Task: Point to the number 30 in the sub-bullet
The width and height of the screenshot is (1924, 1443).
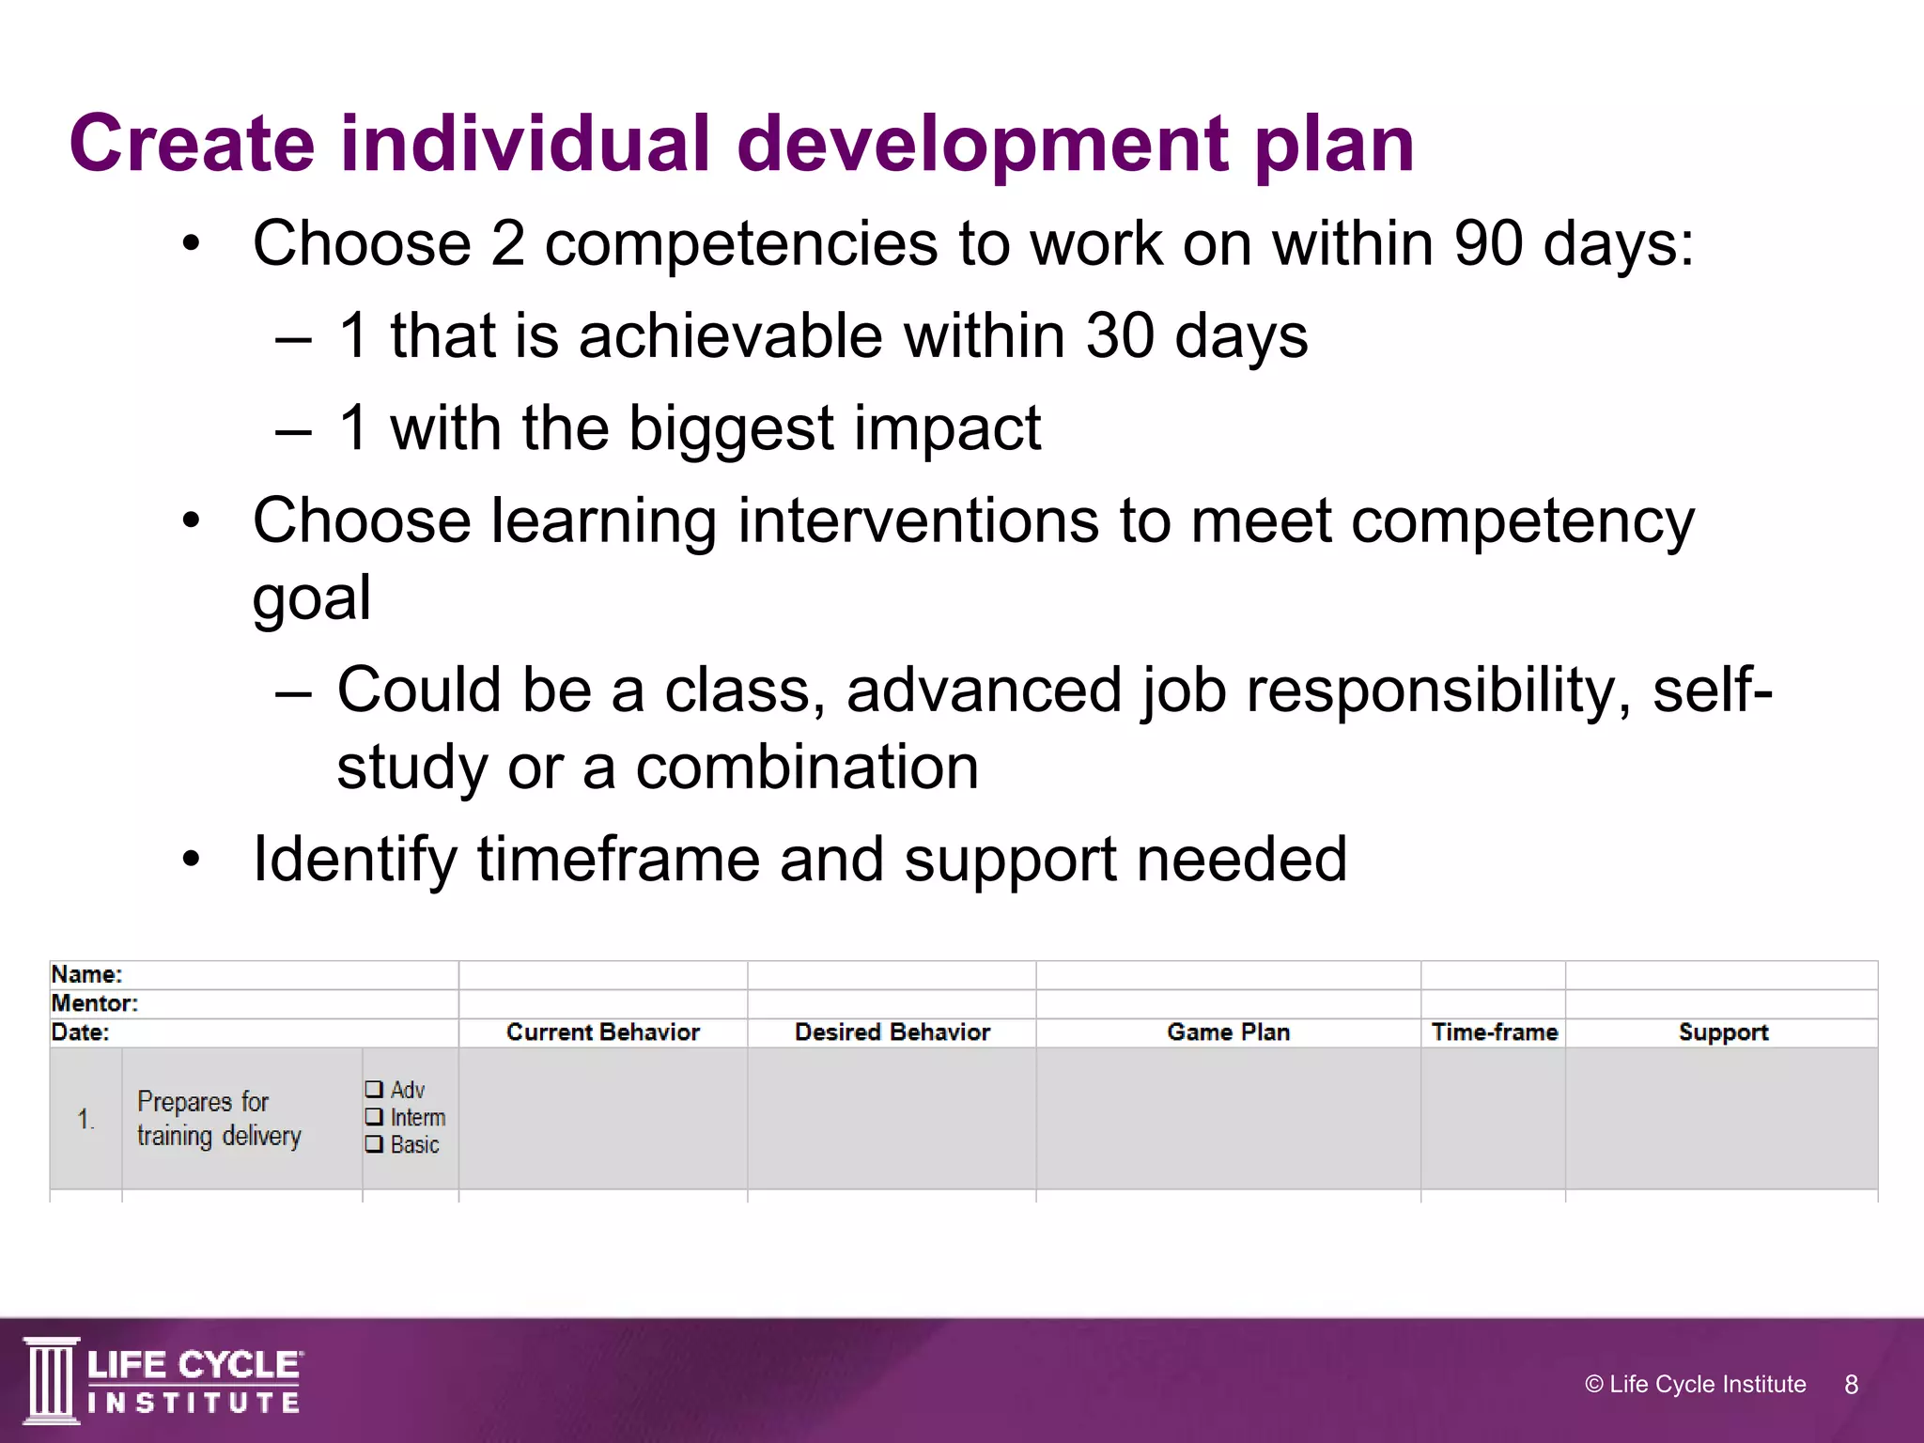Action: [1120, 335]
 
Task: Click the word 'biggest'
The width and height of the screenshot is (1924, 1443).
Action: [731, 428]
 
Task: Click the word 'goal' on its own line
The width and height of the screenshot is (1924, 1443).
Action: [311, 598]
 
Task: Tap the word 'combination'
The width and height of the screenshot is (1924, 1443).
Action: [806, 767]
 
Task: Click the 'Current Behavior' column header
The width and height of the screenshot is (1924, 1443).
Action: [603, 1032]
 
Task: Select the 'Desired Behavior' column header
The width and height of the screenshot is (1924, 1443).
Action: [892, 1032]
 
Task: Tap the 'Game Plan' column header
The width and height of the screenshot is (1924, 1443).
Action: [1228, 1032]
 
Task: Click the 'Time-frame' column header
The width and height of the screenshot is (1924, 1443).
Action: [1494, 1032]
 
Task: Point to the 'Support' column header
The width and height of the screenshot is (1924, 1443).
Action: [1722, 1032]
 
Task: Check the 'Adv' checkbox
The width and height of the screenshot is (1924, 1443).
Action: [374, 1090]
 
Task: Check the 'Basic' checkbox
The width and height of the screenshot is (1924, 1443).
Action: [374, 1144]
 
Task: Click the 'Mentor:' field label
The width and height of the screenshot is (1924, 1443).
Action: [94, 1003]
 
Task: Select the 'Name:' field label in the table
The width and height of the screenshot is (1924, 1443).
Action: [86, 974]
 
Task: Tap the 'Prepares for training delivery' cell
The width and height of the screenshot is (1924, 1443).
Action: [219, 1118]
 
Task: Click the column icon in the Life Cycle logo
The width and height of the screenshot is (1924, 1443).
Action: [51, 1380]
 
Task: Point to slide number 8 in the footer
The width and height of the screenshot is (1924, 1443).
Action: [1851, 1385]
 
